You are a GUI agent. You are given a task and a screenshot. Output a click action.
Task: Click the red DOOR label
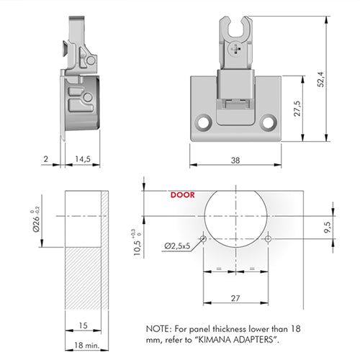[182, 195]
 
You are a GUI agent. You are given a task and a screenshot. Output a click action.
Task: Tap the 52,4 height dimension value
[320, 79]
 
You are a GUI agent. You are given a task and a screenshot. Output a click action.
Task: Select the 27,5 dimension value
[297, 109]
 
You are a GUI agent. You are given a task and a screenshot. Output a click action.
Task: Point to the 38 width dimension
[235, 160]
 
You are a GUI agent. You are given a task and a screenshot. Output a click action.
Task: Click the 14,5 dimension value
[83, 159]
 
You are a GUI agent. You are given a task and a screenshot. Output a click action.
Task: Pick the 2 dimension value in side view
[46, 158]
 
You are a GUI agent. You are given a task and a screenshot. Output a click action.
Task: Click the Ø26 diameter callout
[36, 219]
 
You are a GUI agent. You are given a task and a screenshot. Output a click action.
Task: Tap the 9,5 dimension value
[327, 227]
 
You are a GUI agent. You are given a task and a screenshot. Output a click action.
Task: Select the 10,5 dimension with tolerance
[137, 243]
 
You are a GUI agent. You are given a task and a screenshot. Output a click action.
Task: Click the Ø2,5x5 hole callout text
[177, 246]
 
